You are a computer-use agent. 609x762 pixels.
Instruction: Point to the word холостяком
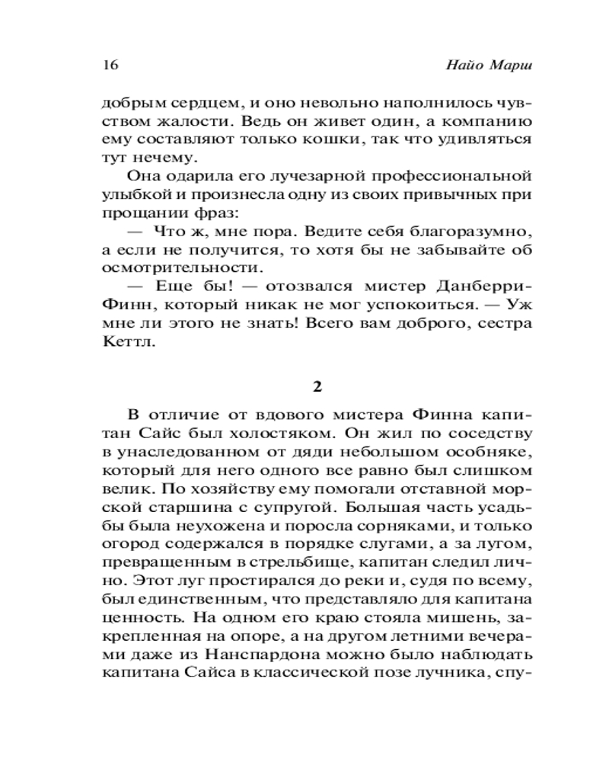tap(283, 434)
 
